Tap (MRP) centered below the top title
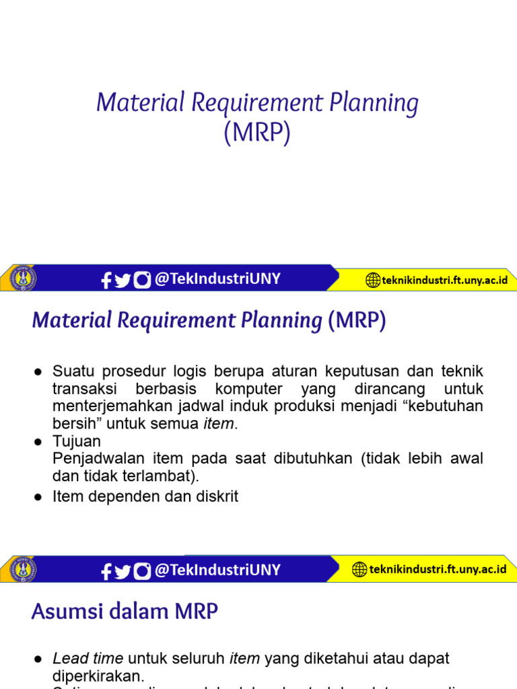(258, 133)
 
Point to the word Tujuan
(77, 441)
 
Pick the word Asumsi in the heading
(63, 612)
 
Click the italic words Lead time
(88, 658)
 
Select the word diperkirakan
(98, 675)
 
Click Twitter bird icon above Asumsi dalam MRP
(123, 571)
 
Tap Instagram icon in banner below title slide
(142, 280)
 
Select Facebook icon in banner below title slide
(106, 281)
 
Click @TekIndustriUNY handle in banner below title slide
(217, 279)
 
